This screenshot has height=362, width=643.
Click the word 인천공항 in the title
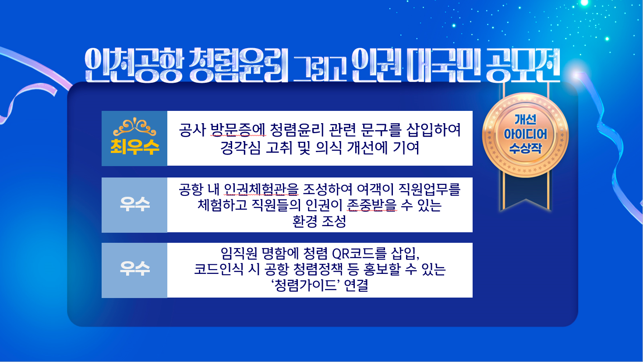click(x=133, y=66)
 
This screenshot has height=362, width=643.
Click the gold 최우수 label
click(x=134, y=147)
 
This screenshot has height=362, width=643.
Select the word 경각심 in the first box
click(x=240, y=148)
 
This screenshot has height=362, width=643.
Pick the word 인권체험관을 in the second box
click(x=261, y=189)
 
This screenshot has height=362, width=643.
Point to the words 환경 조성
click(x=319, y=221)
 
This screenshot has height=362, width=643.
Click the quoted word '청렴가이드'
click(x=306, y=286)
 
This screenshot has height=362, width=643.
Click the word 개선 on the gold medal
click(x=525, y=120)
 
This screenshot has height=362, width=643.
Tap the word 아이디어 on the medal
click(x=525, y=134)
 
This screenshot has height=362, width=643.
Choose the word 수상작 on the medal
click(x=525, y=148)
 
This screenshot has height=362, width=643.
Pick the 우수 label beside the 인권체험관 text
click(x=134, y=205)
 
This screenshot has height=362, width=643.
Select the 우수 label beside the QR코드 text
click(x=134, y=270)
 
